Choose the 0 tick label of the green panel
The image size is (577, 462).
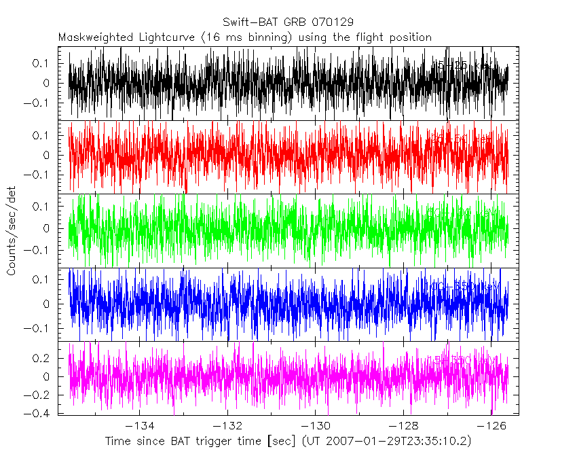pyautogui.click(x=54, y=228)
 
